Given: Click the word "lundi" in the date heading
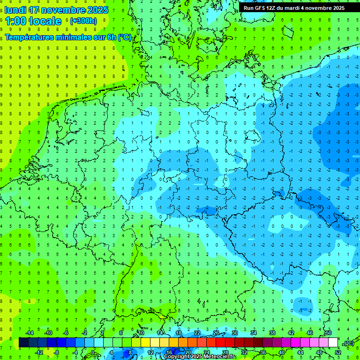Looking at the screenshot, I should [15, 10].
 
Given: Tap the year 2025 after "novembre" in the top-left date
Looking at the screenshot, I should [97, 10].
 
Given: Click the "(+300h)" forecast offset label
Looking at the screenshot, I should [83, 21].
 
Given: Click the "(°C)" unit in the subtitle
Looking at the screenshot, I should [124, 37].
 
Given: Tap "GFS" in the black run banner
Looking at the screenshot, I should [261, 8].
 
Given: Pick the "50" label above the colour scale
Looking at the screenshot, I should [329, 333].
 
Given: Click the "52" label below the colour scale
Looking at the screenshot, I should [338, 352].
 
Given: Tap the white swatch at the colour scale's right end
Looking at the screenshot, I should [333, 343].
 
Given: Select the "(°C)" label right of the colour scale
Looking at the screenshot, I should [348, 343].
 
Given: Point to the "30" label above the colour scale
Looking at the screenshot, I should [234, 333].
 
